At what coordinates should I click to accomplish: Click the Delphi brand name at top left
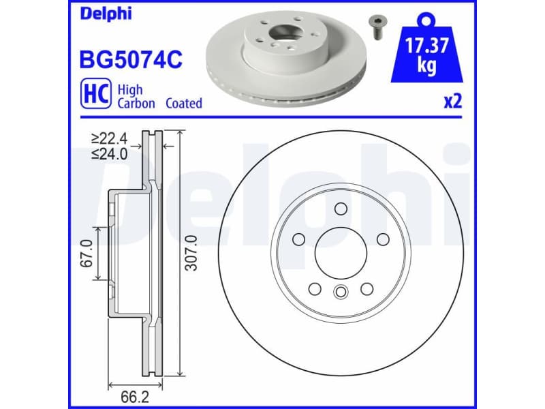pyautogui.click(x=106, y=13)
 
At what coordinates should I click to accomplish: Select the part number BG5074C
pyautogui.click(x=131, y=59)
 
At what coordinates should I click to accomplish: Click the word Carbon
pyautogui.click(x=136, y=104)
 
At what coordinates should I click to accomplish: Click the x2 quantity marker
pyautogui.click(x=453, y=102)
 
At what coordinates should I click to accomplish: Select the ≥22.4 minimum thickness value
pyautogui.click(x=110, y=140)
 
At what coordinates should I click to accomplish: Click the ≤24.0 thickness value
pyautogui.click(x=110, y=154)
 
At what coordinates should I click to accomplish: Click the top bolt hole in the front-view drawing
pyautogui.click(x=341, y=208)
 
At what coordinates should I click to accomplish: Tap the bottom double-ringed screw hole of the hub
pyautogui.click(x=340, y=292)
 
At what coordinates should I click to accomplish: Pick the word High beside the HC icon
pyautogui.click(x=129, y=89)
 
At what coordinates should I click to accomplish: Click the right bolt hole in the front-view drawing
pyautogui.click(x=382, y=238)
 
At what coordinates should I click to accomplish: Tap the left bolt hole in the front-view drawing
pyautogui.click(x=298, y=239)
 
